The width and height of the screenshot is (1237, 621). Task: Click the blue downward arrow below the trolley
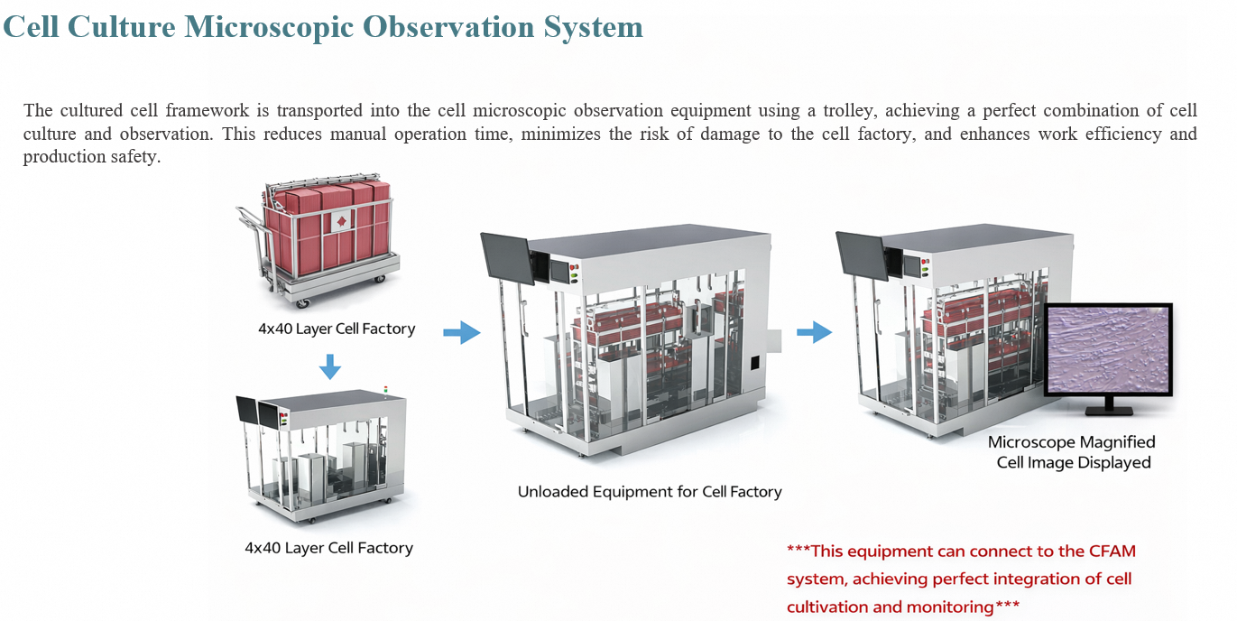(x=330, y=366)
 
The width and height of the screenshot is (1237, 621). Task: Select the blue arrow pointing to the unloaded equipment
(x=462, y=332)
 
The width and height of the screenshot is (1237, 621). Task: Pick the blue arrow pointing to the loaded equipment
(x=814, y=332)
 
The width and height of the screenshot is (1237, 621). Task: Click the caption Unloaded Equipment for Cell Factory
(x=650, y=492)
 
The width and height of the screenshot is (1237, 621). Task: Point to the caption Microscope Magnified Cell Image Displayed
(x=1073, y=452)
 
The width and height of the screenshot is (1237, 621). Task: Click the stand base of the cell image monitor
(x=1108, y=411)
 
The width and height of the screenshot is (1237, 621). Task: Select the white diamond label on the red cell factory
(x=341, y=222)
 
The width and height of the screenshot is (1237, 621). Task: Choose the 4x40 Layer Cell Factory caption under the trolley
(x=337, y=329)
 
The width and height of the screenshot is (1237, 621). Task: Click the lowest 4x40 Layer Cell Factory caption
(x=328, y=548)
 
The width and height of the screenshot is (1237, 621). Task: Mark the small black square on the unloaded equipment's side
(x=754, y=363)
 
